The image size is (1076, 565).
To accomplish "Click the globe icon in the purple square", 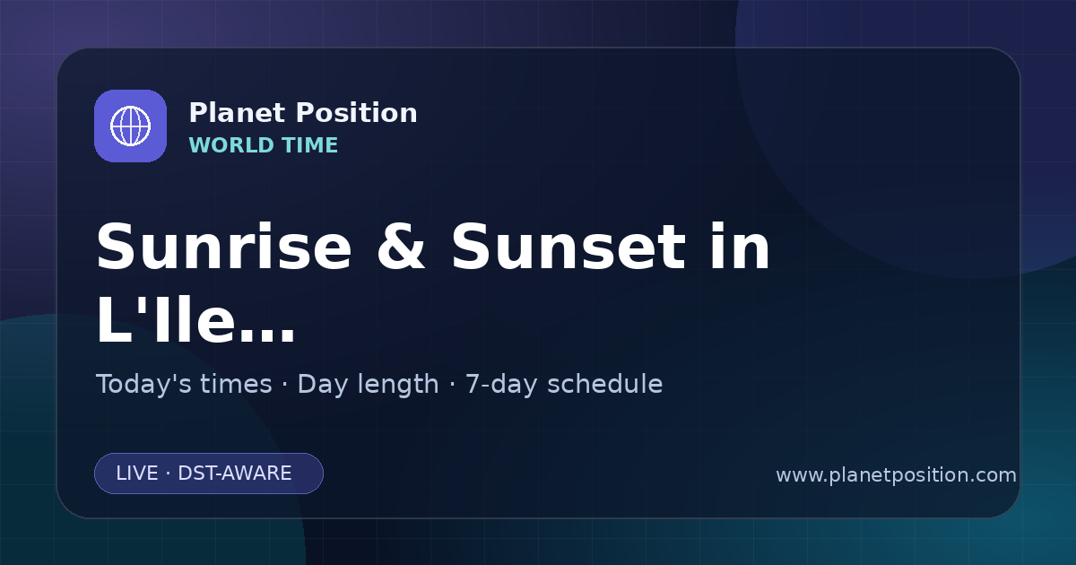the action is coord(130,126).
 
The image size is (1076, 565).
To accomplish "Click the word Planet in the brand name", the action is coord(238,113).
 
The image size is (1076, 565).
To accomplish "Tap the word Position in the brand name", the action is coord(357,113).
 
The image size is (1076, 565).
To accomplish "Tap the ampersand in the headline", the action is coord(401,248).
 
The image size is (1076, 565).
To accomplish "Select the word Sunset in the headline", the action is coord(568,248).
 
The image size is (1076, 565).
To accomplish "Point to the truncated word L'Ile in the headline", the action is coord(165,319).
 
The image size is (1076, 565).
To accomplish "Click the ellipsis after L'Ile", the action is coord(266,335).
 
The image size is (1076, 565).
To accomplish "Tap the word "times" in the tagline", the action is coord(236,384).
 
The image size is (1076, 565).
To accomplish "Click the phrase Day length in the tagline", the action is coord(368,385).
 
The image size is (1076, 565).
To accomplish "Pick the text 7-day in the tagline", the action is coord(501,385).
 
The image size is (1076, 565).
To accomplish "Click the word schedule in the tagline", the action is coord(605,384).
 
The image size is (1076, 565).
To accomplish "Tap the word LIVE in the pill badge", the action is coord(137,474).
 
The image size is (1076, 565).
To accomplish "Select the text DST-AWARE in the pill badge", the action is coord(235,474).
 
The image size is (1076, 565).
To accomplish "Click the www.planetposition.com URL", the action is coord(897,475).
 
